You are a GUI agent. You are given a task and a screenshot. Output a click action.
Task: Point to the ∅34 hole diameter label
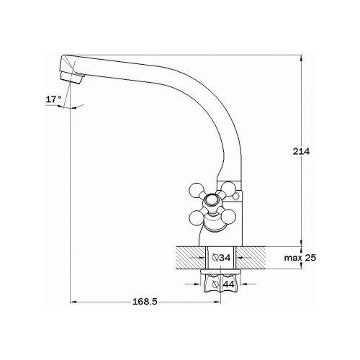(223, 258)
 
